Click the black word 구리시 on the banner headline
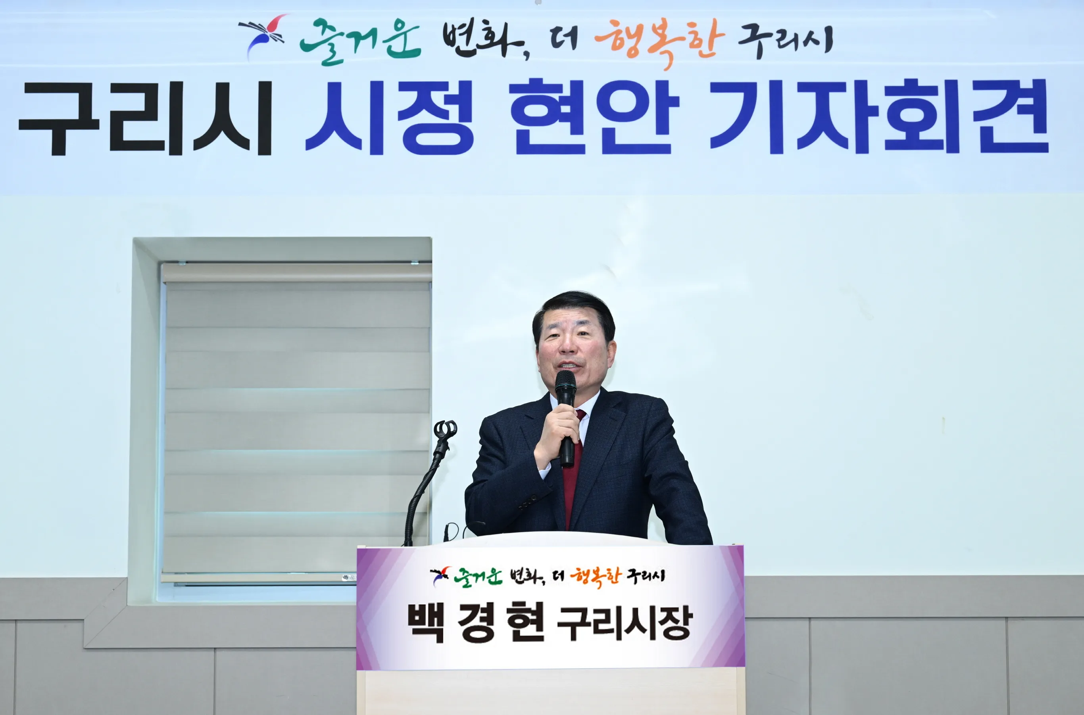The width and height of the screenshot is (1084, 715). coord(145,119)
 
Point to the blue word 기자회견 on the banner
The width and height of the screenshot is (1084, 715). coord(879,117)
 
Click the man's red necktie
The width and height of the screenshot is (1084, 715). coord(572,470)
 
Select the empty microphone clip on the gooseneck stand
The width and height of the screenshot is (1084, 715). coord(445,430)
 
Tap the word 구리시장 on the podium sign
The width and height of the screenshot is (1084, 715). coord(625,623)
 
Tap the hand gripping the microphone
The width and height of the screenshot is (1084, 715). coord(557,435)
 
